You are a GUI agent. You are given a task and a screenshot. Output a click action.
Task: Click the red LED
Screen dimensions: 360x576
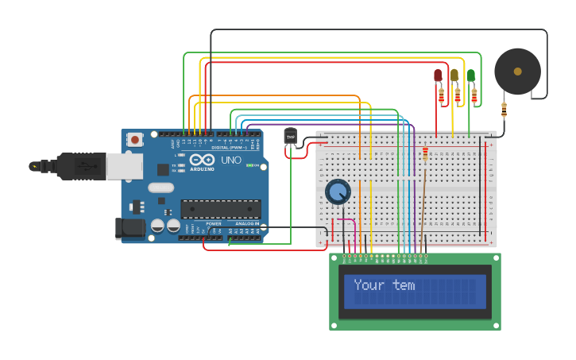437,75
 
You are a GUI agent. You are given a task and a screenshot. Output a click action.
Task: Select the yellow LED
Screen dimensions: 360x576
454,75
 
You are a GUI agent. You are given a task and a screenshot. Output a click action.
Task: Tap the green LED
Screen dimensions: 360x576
470,75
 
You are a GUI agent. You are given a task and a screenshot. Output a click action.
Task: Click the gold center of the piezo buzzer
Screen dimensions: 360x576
517,72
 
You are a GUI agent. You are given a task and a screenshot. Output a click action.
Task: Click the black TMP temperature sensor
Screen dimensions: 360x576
290,137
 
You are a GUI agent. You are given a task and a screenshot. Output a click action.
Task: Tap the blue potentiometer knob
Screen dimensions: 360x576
338,192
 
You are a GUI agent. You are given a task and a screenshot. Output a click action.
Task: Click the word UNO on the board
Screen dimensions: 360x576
231,161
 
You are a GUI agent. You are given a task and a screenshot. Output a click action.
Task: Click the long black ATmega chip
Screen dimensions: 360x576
220,208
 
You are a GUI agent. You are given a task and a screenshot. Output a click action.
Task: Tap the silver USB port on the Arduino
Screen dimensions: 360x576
123,166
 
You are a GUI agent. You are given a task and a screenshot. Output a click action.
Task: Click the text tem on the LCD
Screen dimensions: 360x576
404,285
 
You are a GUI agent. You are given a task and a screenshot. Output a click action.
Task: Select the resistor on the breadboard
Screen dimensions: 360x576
424,153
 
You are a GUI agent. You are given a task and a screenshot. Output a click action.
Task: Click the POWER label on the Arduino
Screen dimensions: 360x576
214,224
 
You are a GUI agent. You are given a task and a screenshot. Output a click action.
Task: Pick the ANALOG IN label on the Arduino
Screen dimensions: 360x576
247,224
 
